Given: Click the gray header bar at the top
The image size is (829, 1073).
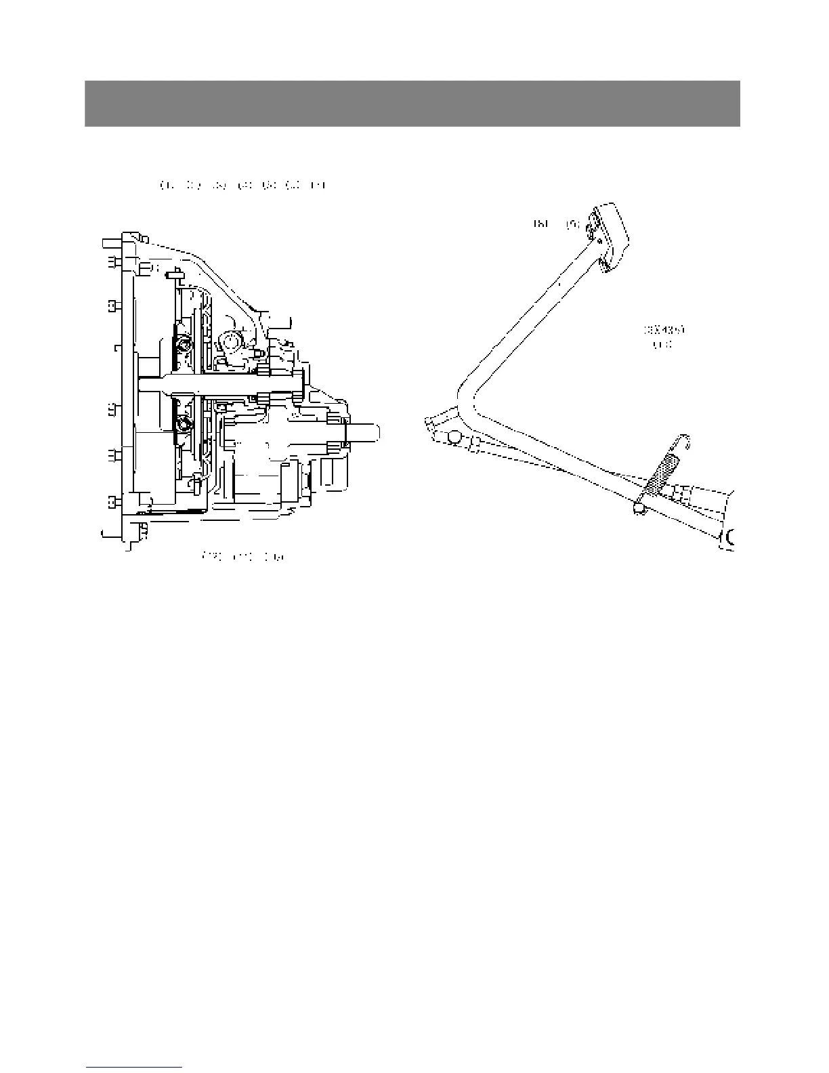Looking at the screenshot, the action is pyautogui.click(x=412, y=104).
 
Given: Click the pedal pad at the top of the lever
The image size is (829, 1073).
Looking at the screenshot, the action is pyautogui.click(x=611, y=237).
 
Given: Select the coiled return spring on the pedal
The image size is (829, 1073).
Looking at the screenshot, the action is pyautogui.click(x=660, y=474).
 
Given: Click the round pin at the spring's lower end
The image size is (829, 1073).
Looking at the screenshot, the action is pyautogui.click(x=639, y=507).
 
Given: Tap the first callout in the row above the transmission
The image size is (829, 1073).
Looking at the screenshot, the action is pyautogui.click(x=163, y=184).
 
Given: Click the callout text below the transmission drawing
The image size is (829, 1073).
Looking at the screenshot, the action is pyautogui.click(x=244, y=556).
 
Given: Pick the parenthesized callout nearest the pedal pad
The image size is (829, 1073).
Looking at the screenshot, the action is pyautogui.click(x=572, y=223).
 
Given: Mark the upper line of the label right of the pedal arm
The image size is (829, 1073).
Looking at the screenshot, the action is pyautogui.click(x=663, y=331).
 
